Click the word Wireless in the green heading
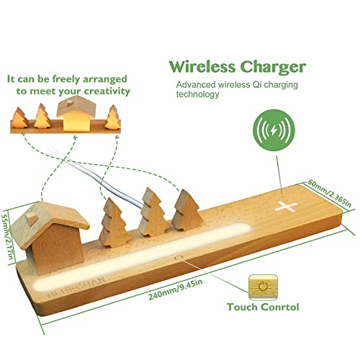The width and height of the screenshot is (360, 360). [x=202, y=67]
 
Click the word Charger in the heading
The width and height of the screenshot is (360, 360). [x=274, y=68]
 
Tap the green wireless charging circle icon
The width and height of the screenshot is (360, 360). [x=274, y=130]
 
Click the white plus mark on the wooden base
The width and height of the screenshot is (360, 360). [x=287, y=206]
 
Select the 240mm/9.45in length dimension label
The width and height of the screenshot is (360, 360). [x=176, y=289]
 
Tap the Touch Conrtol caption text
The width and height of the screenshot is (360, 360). [x=263, y=307]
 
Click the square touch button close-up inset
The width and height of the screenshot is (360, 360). [x=264, y=287]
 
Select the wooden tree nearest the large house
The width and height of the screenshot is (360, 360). [x=114, y=223]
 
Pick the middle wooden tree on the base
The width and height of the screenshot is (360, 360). [x=153, y=212]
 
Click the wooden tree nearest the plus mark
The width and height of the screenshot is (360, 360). [x=187, y=210]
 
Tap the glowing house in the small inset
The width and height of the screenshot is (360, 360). [x=76, y=112]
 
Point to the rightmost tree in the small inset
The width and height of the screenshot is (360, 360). [x=112, y=117]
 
